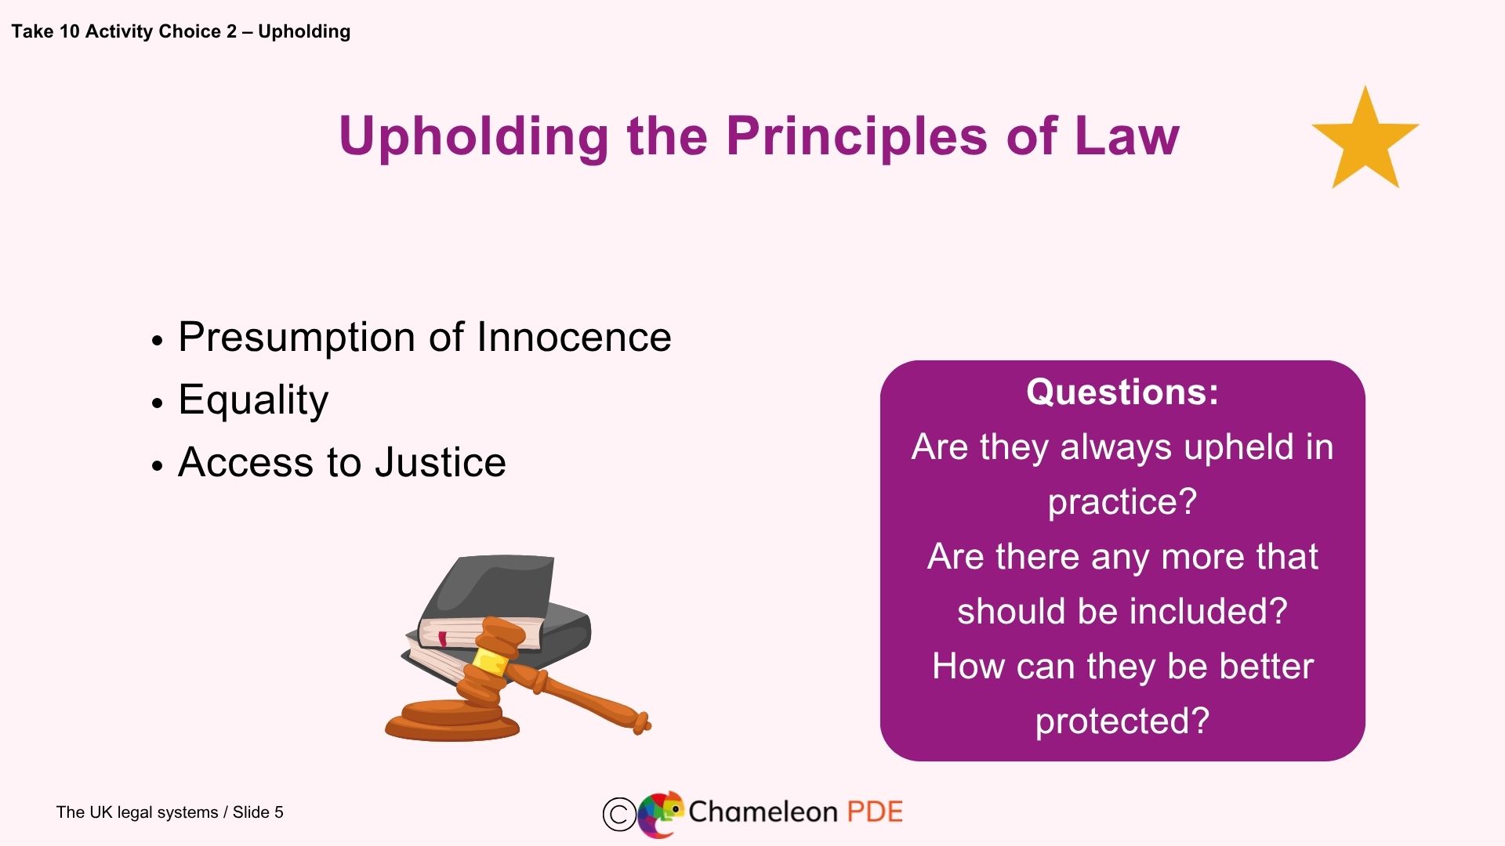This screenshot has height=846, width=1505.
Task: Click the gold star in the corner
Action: pos(1365,141)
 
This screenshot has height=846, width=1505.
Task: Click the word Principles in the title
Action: pos(858,136)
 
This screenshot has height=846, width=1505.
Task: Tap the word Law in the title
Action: pos(1126,136)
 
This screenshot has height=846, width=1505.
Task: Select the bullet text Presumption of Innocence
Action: pos(424,338)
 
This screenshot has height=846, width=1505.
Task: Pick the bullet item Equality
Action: pos(253,400)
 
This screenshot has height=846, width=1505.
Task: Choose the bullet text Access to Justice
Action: pos(342,462)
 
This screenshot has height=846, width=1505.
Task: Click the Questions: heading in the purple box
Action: pos(1122,392)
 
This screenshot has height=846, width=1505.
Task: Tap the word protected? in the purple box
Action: pos(1122,721)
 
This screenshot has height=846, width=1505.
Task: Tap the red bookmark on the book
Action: pos(443,638)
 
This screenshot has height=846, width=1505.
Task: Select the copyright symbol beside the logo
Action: pos(619,814)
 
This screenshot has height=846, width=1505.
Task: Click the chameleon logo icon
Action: pos(660,813)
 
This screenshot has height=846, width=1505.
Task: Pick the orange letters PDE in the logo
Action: pos(874,812)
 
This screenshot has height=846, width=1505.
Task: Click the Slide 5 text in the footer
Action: pos(258,812)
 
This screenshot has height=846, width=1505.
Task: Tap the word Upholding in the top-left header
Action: pos(304,32)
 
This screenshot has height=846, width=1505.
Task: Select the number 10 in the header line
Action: pos(70,32)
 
